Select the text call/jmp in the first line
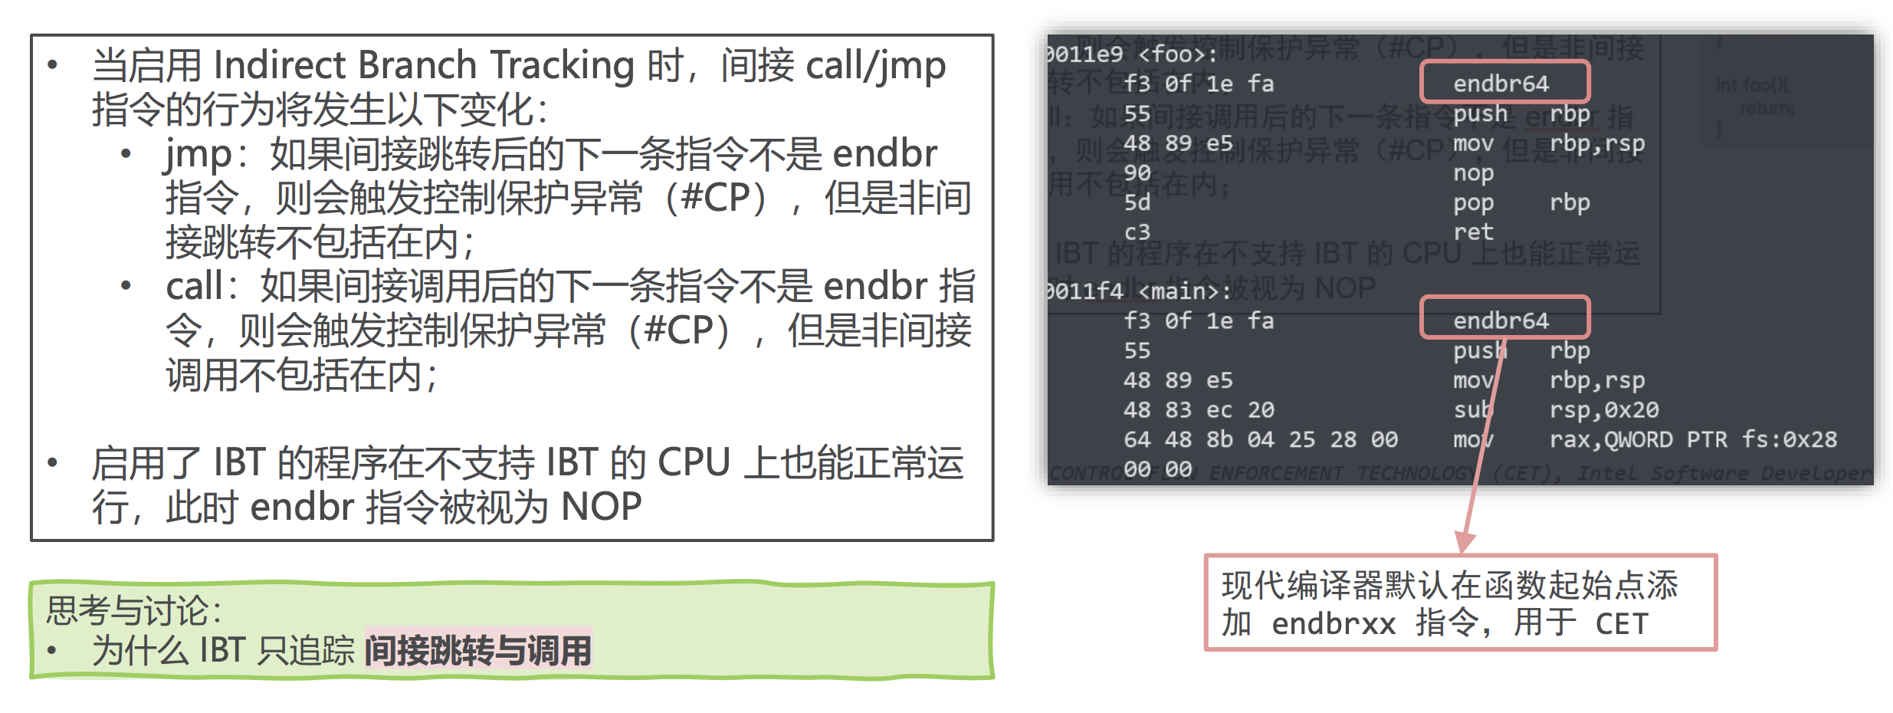tap(876, 66)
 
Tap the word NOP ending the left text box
tap(601, 507)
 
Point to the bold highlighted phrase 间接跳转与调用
tap(478, 651)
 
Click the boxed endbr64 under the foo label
tap(1501, 84)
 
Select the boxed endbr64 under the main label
tap(1501, 320)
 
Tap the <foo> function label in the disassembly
tap(1176, 54)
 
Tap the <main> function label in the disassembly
tap(1184, 291)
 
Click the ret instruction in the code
tap(1473, 232)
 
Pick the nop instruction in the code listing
tap(1473, 173)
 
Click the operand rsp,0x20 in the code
tap(1603, 410)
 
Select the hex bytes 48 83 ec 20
tap(1199, 410)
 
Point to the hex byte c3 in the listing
tap(1137, 232)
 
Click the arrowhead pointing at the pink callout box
tap(1465, 544)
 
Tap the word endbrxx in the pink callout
tap(1334, 624)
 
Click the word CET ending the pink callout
tap(1621, 624)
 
